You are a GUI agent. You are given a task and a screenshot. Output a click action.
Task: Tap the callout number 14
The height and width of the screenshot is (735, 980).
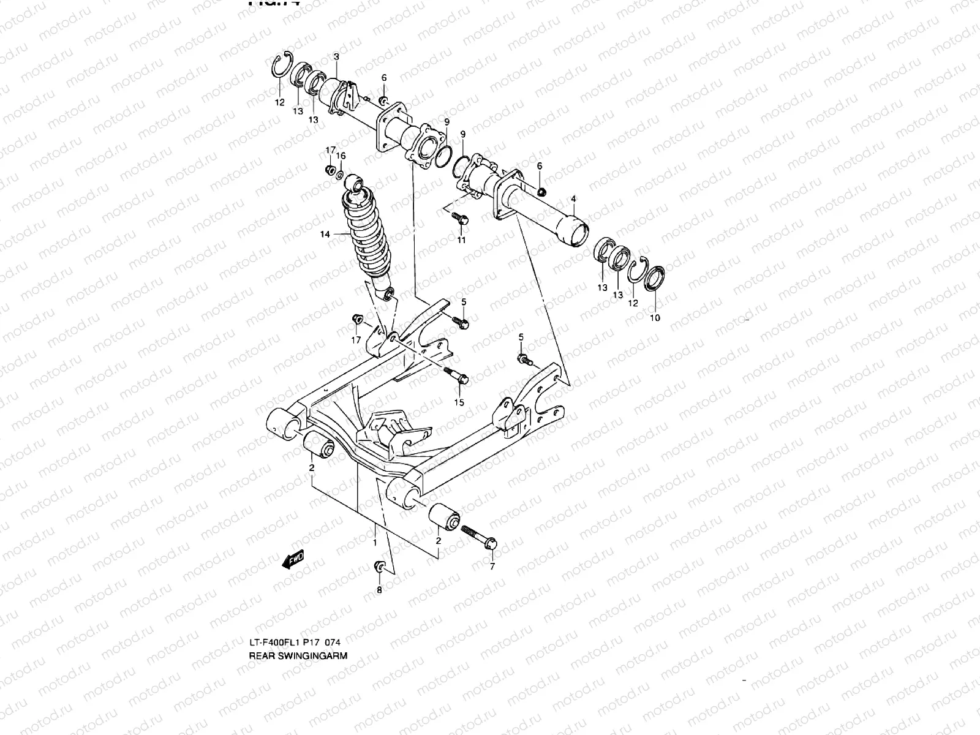point(325,235)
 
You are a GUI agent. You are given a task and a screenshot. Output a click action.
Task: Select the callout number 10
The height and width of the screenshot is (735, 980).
point(655,318)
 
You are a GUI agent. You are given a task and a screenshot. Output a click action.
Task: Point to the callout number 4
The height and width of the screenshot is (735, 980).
point(573,199)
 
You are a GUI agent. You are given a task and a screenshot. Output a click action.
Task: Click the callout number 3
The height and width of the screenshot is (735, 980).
point(336,56)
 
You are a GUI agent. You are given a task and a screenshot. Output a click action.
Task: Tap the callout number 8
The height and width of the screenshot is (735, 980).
point(379,590)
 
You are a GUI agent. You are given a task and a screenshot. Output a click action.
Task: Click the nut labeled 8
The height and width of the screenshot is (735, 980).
point(379,568)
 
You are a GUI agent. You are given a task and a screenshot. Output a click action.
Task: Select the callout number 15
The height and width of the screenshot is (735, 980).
point(459,402)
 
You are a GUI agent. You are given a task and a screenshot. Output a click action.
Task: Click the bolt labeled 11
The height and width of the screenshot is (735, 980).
point(460,217)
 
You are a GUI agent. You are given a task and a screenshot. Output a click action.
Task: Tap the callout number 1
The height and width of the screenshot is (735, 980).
point(374,543)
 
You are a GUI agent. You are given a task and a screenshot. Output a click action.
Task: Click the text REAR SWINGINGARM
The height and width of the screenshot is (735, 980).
point(298,655)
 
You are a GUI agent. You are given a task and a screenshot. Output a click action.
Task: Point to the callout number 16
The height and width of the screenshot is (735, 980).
point(341,156)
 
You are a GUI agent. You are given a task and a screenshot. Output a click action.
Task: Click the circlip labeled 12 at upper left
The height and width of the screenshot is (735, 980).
point(281,69)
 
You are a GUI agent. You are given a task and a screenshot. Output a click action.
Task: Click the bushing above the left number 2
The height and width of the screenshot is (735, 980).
point(318,448)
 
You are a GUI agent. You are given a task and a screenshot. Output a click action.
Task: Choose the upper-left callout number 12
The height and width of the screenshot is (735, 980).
point(279,103)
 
